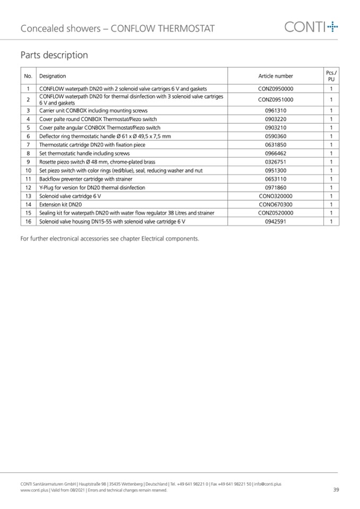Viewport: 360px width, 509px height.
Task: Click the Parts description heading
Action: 54,55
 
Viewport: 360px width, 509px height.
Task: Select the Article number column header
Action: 276,76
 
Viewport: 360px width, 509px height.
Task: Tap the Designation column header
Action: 53,76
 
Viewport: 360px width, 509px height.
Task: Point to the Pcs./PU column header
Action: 331,75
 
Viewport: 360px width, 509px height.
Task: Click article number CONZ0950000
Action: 276,89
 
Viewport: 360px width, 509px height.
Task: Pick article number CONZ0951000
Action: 276,99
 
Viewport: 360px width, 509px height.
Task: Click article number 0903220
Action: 276,119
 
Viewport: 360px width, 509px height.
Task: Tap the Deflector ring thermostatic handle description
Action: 105,136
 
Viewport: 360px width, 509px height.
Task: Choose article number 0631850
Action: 276,145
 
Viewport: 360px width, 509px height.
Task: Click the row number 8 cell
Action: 28,153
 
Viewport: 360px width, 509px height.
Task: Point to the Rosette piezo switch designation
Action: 97,162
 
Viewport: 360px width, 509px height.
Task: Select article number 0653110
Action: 276,179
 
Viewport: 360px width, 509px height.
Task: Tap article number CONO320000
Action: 276,196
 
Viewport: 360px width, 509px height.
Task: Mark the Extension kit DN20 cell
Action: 61,204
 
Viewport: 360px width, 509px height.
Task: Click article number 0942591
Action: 276,221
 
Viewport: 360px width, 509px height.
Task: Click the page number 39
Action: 336,490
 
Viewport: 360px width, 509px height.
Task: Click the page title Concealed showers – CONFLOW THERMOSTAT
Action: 117,29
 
